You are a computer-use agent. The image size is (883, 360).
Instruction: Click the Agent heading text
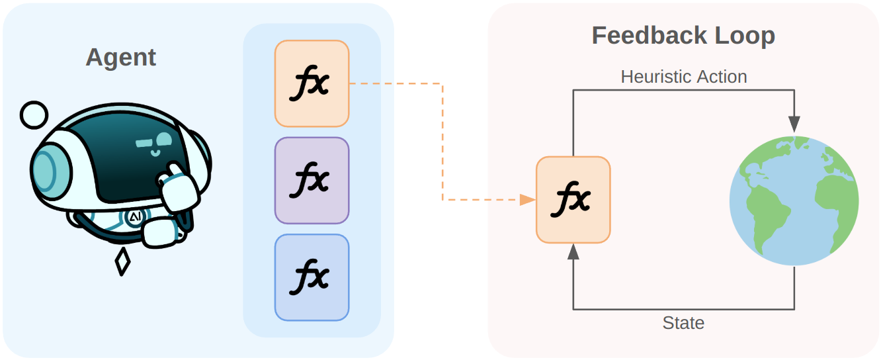click(120, 58)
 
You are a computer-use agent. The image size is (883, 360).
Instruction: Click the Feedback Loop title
click(683, 35)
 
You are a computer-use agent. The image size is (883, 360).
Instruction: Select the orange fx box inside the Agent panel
click(312, 83)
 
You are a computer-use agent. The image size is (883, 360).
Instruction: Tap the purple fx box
click(312, 180)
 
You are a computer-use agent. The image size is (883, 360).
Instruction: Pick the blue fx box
click(312, 277)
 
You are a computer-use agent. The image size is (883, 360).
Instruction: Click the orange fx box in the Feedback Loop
click(573, 199)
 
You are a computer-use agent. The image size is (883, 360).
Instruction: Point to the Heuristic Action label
click(683, 77)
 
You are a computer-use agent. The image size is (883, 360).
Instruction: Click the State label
click(683, 323)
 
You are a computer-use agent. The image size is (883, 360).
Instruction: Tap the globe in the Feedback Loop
click(794, 201)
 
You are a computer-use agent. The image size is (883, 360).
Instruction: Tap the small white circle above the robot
click(33, 115)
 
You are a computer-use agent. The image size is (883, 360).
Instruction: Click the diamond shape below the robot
click(122, 262)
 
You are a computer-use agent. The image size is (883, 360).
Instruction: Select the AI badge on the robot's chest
click(134, 217)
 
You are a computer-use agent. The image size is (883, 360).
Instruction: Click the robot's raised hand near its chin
click(177, 188)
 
